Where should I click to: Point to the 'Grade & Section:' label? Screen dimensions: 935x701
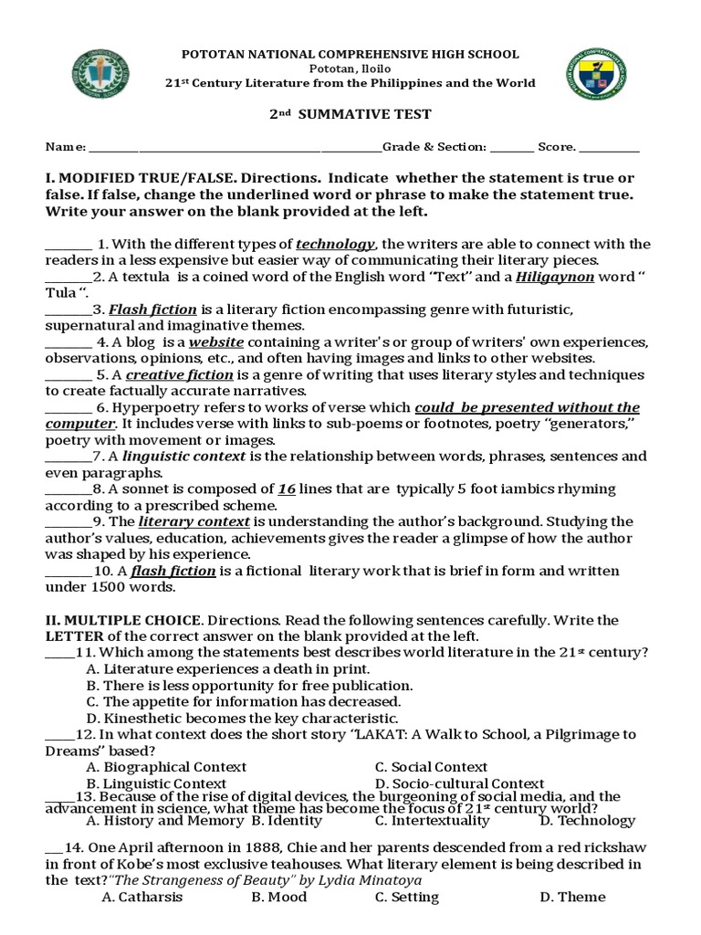pos(434,146)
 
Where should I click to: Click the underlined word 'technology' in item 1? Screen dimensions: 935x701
pos(336,244)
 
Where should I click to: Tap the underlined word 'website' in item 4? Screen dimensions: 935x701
pos(216,342)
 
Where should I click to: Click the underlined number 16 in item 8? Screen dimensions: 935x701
pos(287,489)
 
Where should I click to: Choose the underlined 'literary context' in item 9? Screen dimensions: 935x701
pos(194,521)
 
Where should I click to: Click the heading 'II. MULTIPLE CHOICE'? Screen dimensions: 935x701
pos(119,620)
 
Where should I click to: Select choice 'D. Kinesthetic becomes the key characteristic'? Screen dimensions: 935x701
pos(242,718)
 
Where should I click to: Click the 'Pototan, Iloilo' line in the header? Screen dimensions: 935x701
pos(350,68)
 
